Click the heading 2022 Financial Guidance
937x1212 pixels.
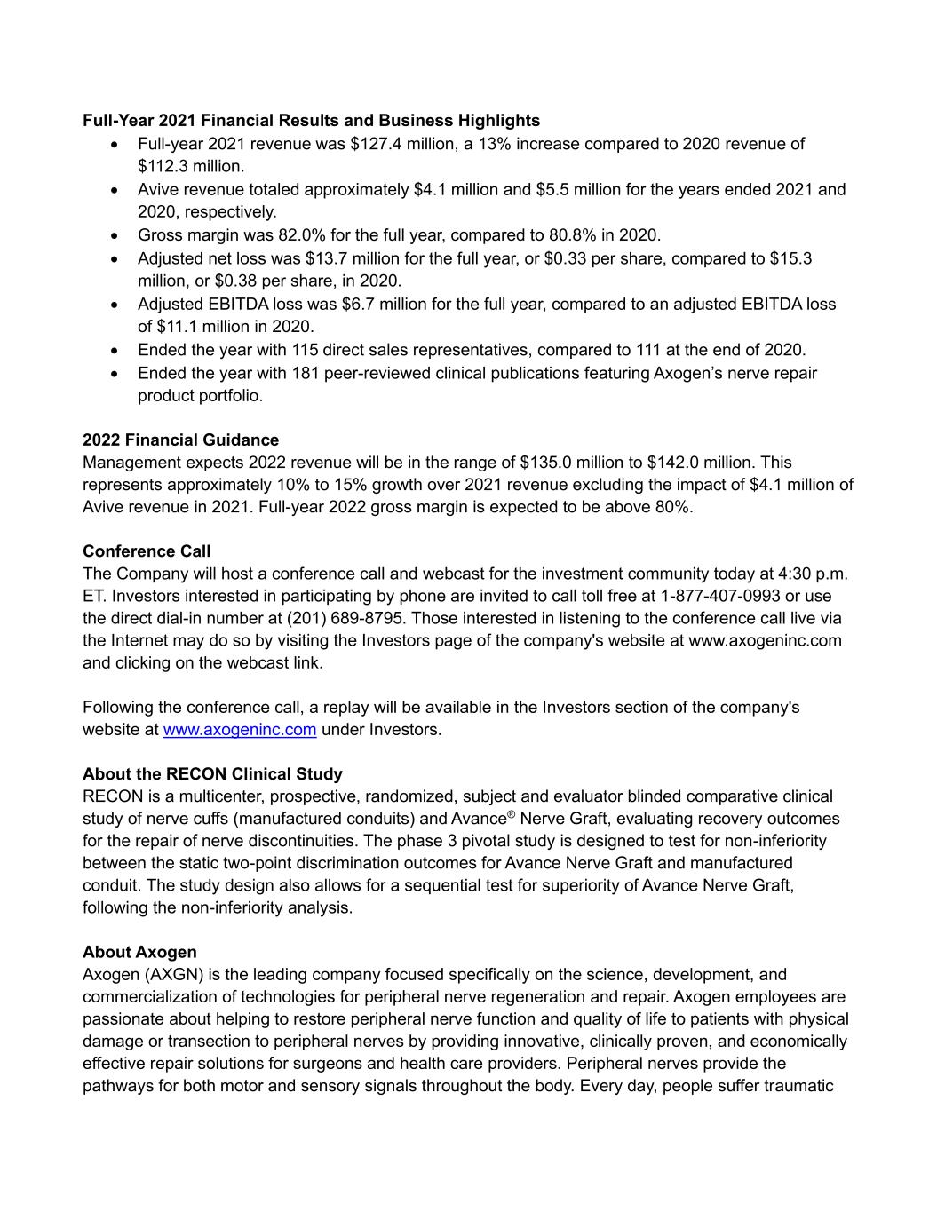180,440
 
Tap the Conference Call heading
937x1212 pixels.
147,551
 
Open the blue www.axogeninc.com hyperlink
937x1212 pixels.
240,730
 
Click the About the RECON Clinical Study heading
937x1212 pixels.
212,773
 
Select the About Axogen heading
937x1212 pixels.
139,952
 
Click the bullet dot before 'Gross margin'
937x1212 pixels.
114,236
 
